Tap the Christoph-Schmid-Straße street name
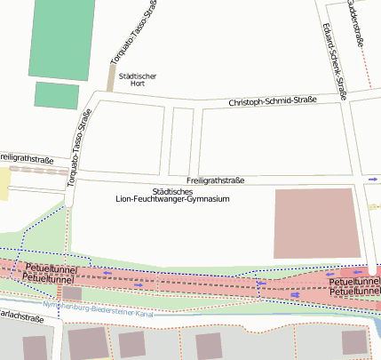click(274, 102)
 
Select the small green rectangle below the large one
click(57, 95)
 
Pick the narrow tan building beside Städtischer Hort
click(111, 77)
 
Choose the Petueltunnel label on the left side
click(52, 273)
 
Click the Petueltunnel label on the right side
click(354, 285)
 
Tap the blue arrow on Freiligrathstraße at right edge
click(372, 180)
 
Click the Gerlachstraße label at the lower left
click(21, 316)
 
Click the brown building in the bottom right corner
click(355, 342)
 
